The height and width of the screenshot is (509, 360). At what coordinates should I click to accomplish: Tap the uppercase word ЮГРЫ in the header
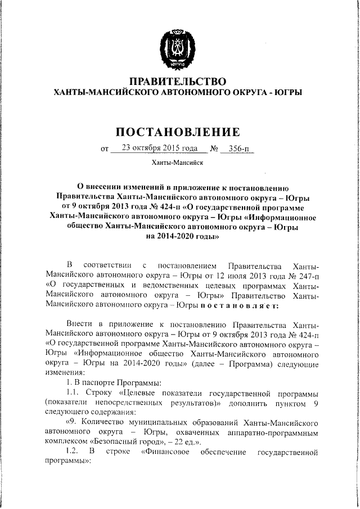click(x=289, y=92)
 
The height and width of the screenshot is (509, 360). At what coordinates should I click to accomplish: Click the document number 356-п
click(x=236, y=149)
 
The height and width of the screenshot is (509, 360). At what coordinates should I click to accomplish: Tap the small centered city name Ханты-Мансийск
click(x=177, y=163)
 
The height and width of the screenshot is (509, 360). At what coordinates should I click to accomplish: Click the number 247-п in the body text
click(x=308, y=274)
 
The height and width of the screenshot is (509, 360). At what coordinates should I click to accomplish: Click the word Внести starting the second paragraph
click(x=79, y=325)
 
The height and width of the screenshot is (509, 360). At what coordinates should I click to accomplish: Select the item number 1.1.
click(x=74, y=392)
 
